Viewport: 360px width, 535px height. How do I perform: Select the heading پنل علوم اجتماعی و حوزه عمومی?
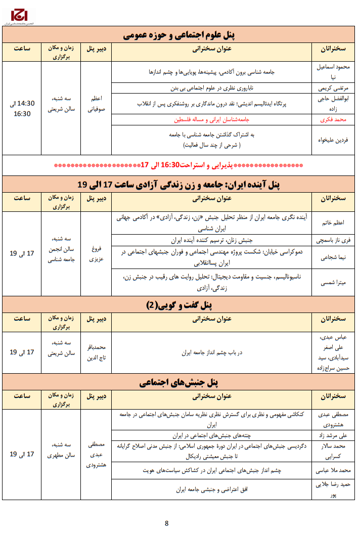click(x=180, y=35)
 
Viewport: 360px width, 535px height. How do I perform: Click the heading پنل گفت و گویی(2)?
click(x=180, y=305)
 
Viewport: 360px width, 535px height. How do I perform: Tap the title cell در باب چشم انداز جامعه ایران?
click(x=212, y=352)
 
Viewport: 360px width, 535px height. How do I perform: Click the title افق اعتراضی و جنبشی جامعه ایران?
click(x=212, y=489)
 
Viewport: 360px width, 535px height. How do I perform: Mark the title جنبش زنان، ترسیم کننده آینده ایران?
click(x=212, y=240)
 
